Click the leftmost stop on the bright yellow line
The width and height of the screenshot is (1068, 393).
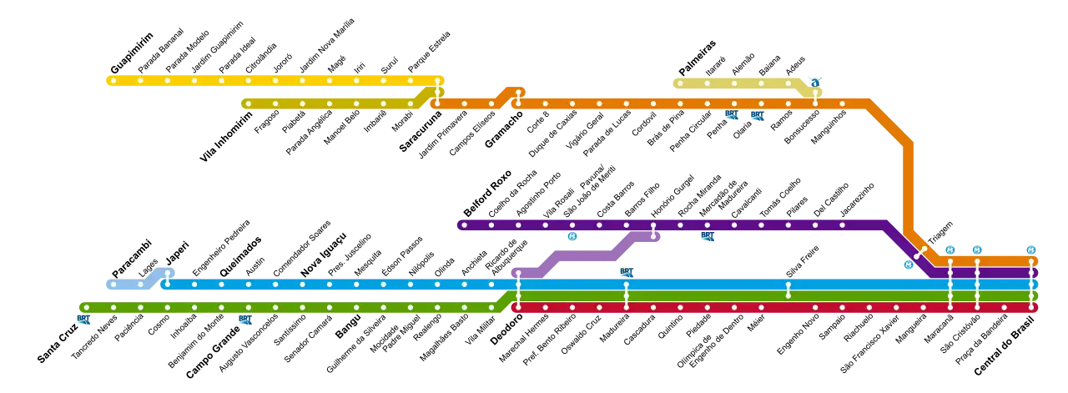coord(113,81)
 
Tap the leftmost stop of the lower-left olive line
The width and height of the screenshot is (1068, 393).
coord(248,104)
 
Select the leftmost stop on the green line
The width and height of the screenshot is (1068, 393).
coord(86,308)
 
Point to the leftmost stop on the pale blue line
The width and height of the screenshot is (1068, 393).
coord(113,285)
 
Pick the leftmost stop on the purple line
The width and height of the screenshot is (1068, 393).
coord(464,224)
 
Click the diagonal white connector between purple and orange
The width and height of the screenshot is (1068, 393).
coord(919,252)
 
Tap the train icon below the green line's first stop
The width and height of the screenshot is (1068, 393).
coord(82,321)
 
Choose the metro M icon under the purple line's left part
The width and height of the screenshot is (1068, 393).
coord(573,238)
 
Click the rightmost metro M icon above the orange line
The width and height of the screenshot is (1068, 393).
coord(1030,250)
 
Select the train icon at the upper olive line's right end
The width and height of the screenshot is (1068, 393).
coord(814,82)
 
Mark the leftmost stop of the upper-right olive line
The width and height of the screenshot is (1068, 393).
coord(680,83)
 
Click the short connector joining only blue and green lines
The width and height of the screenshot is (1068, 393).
coord(788,290)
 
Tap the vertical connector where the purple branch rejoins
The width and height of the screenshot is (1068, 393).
coord(653,229)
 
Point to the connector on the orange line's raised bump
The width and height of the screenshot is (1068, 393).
coord(518,98)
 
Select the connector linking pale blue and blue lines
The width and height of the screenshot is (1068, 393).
coord(168,278)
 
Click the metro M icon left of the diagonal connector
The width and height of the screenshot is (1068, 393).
coord(908,265)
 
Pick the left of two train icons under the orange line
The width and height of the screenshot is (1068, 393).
coord(731,116)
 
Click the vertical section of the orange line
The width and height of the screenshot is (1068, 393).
coord(908,184)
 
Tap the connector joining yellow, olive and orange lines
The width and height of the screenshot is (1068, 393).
coord(437,92)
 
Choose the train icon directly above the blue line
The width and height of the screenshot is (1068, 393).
coord(626,273)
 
